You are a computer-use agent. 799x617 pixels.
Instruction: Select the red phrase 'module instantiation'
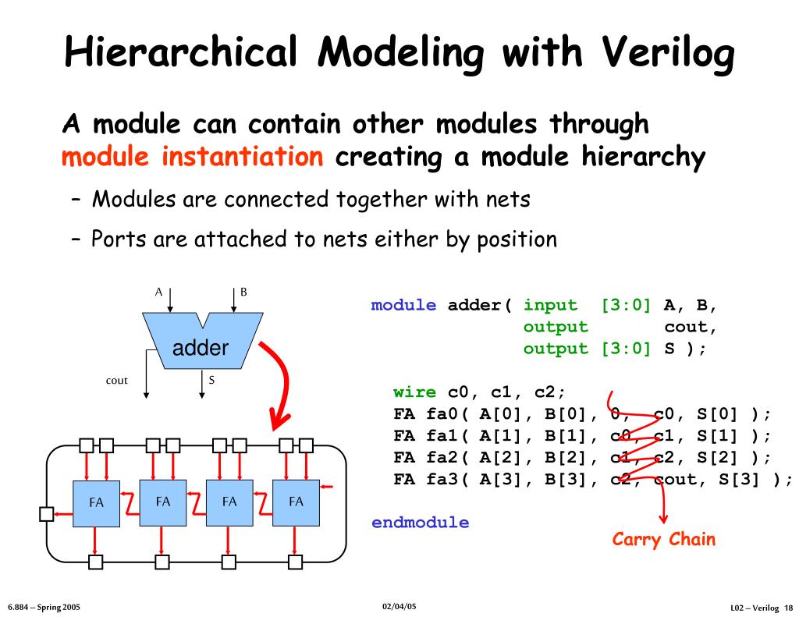192,158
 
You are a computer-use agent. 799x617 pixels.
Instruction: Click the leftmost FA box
96,503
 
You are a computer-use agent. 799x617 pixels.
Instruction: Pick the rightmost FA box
296,502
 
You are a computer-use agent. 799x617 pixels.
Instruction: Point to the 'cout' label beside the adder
116,381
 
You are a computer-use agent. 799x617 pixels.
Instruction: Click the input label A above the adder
158,293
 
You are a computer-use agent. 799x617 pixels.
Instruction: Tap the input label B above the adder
243,293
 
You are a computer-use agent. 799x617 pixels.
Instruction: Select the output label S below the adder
211,380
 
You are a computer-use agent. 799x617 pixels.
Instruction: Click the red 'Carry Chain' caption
663,539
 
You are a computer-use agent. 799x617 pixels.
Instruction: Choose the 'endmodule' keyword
420,523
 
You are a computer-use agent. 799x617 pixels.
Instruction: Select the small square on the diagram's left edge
46,512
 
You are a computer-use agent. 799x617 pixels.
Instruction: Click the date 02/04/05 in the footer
399,606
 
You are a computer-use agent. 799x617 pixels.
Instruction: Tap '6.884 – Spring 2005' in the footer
44,607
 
